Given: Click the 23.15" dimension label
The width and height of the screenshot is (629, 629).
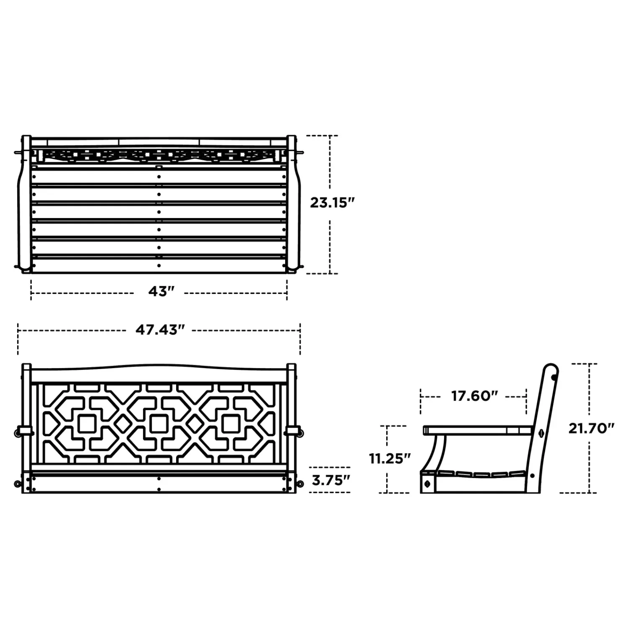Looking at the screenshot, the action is tap(333, 203).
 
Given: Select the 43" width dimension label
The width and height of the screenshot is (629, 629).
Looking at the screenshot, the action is tap(161, 291).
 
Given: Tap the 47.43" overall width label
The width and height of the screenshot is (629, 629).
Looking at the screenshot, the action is tap(160, 330).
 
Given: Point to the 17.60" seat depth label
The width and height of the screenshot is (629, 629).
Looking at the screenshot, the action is tap(474, 395).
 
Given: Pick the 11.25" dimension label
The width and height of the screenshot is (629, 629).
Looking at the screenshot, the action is tap(390, 458).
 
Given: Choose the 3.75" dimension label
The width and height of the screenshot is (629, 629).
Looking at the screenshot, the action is tap(331, 480).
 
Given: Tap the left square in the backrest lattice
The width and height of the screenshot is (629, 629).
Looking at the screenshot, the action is tap(87, 424).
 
